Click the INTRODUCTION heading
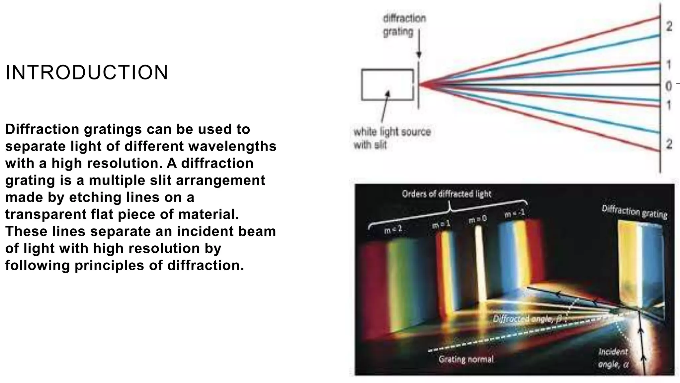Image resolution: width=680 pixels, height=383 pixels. click(x=87, y=72)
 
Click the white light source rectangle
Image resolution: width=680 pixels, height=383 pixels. click(x=387, y=84)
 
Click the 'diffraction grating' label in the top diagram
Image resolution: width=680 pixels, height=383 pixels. click(x=404, y=25)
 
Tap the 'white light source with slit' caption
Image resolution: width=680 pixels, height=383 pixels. click(x=392, y=138)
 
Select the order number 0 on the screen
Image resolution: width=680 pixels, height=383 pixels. click(x=668, y=86)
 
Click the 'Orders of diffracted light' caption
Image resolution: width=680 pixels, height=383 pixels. click(x=446, y=194)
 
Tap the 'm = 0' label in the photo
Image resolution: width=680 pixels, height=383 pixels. click(x=477, y=219)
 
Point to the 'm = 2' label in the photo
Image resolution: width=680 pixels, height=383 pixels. click(x=393, y=229)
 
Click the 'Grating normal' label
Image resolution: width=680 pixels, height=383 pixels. click(x=466, y=359)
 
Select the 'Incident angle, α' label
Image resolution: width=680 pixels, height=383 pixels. click(x=613, y=358)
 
